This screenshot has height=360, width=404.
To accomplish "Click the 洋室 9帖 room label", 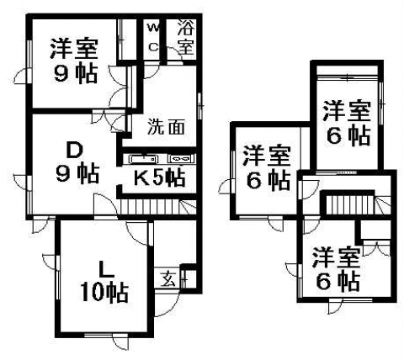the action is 74,61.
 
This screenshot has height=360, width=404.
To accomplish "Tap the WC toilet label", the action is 153,37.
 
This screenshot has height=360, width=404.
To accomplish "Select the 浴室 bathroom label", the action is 186,38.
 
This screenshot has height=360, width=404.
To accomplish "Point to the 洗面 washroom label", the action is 166,127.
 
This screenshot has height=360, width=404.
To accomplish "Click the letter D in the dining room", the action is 75,151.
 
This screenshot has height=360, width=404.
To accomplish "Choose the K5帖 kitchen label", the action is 159,177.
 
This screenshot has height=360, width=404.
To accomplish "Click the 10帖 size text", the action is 104,293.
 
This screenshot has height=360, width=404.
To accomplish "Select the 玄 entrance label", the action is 169,278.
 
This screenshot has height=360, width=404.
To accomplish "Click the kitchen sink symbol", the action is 144,159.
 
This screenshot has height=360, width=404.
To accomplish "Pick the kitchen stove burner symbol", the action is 181,159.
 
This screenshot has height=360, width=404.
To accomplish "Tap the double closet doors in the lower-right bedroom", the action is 376,247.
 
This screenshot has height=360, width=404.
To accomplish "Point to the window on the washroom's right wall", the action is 199,106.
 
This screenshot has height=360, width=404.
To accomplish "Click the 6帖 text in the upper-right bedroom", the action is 348,136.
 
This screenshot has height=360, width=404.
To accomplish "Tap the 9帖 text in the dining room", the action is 77,174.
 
